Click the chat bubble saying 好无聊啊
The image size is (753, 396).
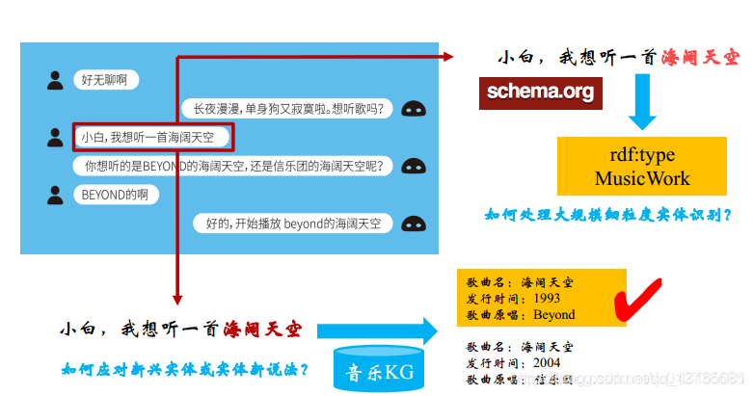coord(105,80)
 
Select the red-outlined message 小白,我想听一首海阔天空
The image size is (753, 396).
coord(153,137)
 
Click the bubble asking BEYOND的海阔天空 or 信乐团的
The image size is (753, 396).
coord(234,167)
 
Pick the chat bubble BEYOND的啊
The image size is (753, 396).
coord(116,195)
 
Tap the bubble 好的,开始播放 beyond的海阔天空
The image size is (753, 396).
coord(293,224)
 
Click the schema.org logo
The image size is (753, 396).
coord(540,92)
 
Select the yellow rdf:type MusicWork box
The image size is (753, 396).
coord(641,167)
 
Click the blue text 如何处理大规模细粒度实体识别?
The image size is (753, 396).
coord(607,215)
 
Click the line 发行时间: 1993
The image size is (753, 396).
coord(512,299)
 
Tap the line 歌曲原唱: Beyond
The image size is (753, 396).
coord(521,314)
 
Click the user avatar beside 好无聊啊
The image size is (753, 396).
coord(55,80)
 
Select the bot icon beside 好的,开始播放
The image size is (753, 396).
coord(413,224)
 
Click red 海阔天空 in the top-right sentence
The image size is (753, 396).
coord(700,58)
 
